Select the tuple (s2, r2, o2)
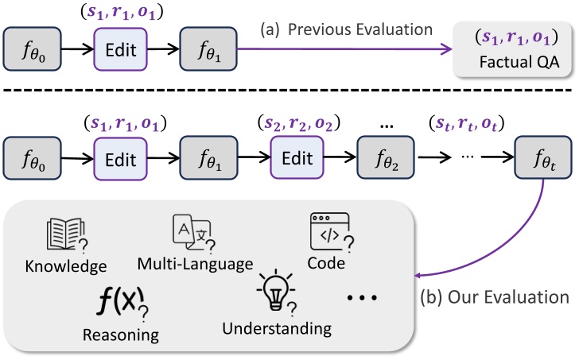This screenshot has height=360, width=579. point(296,125)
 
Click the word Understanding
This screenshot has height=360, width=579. point(276,327)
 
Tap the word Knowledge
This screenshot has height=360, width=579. point(65,264)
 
